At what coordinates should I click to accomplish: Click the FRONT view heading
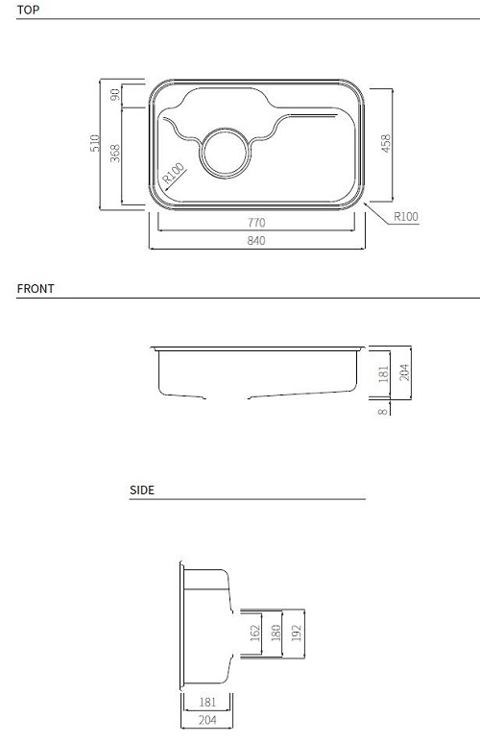[x=36, y=288]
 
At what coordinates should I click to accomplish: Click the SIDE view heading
[x=142, y=490]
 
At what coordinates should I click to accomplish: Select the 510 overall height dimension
[x=95, y=144]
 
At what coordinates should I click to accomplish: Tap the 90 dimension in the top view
[x=114, y=95]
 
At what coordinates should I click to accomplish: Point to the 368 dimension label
[x=114, y=154]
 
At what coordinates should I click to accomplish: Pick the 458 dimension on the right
[x=386, y=143]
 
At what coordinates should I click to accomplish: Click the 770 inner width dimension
[x=255, y=223]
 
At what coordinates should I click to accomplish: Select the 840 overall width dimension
[x=255, y=241]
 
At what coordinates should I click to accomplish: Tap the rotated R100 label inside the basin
[x=174, y=174]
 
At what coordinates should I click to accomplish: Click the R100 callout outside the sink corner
[x=406, y=217]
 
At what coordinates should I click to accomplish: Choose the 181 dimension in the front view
[x=383, y=373]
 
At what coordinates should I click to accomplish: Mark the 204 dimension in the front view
[x=404, y=371]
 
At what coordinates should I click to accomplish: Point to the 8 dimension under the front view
[x=383, y=411]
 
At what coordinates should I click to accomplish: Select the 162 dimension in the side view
[x=253, y=634]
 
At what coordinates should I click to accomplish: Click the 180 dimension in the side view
[x=276, y=634]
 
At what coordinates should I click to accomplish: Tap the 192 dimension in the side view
[x=297, y=634]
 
